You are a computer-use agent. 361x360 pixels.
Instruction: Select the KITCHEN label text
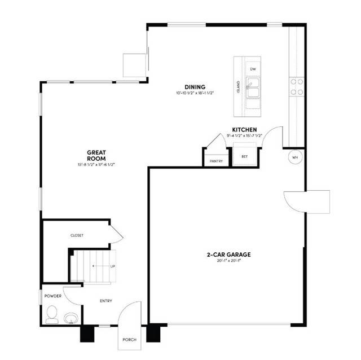click(245, 129)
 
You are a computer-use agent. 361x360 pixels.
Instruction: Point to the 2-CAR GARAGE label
click(228, 254)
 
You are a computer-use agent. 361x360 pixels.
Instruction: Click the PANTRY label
click(216, 161)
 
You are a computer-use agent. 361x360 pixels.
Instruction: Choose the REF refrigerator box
click(245, 156)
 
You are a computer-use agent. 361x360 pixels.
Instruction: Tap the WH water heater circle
click(295, 157)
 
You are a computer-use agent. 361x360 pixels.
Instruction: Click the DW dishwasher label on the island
click(253, 69)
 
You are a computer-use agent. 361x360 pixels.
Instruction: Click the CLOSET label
click(77, 235)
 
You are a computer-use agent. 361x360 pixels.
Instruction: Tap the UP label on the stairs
click(112, 265)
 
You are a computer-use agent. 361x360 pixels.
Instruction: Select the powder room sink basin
click(71, 318)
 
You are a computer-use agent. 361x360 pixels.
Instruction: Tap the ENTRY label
click(105, 301)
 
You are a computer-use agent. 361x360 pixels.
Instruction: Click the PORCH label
click(129, 340)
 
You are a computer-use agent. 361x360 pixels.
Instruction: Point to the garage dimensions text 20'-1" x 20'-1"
click(228, 261)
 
